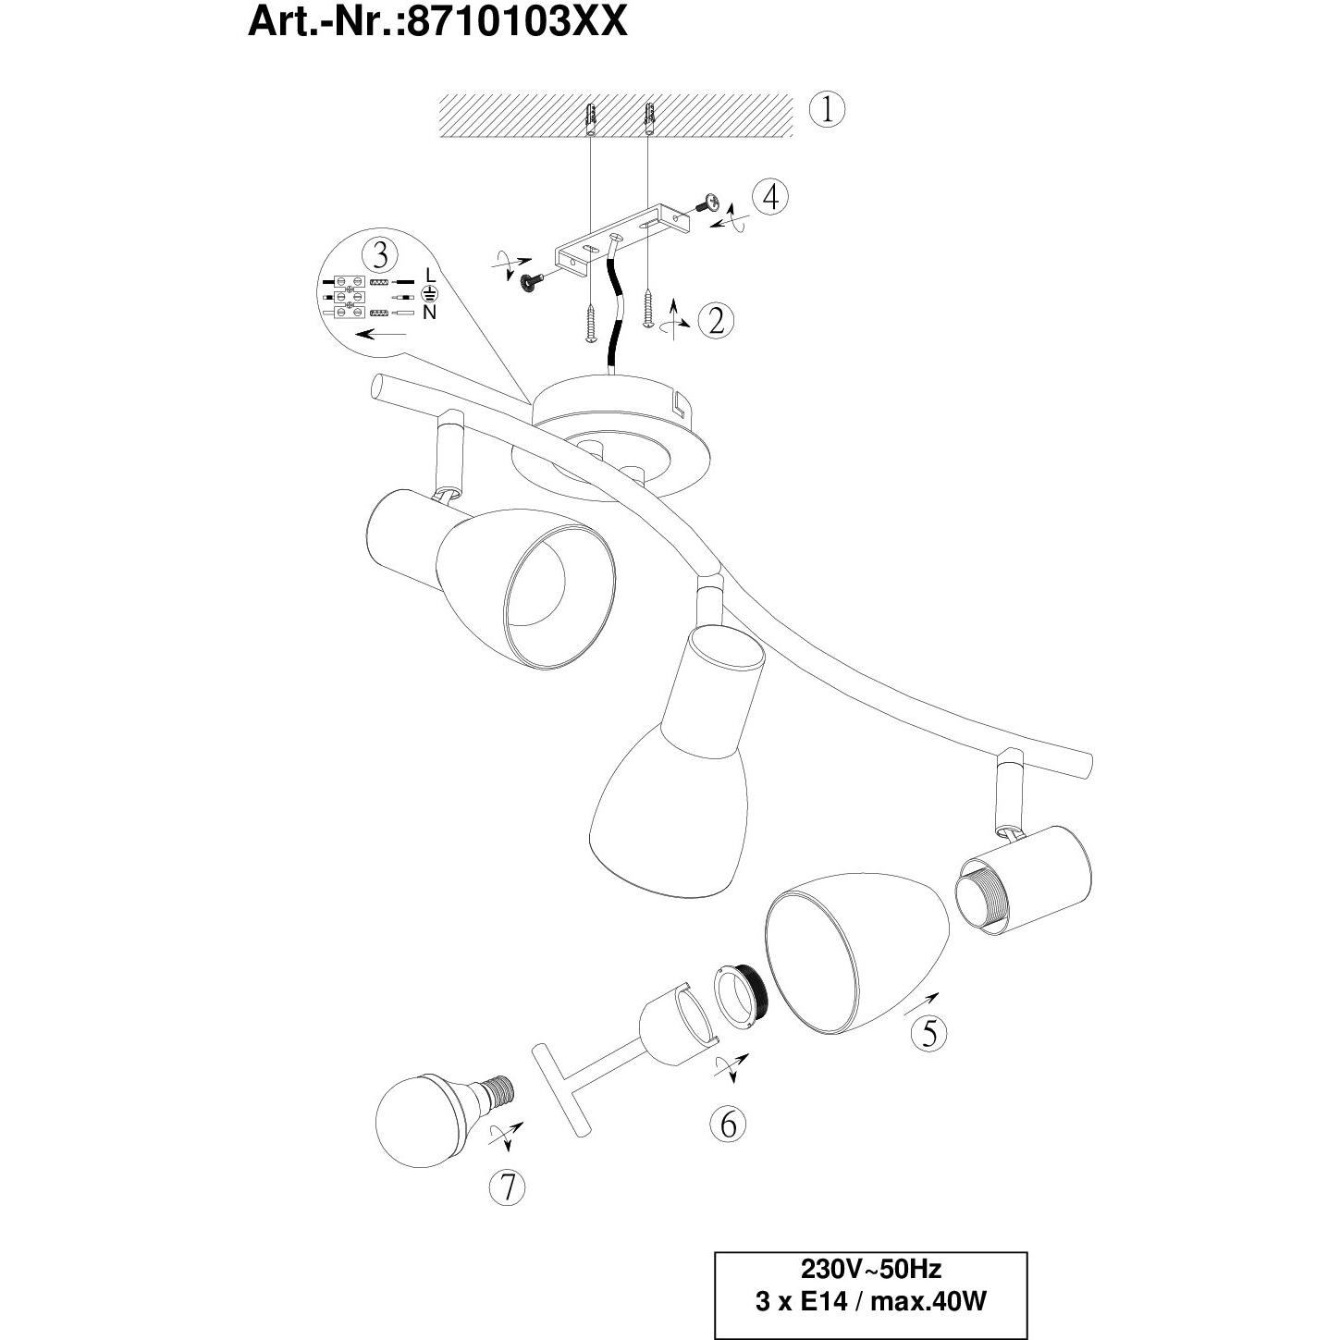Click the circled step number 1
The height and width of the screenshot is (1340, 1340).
pyautogui.click(x=827, y=110)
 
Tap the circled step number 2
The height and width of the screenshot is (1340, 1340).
pyautogui.click(x=716, y=321)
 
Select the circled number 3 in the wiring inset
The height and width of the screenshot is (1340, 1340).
pyautogui.click(x=380, y=255)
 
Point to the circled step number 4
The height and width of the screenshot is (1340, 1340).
pyautogui.click(x=769, y=198)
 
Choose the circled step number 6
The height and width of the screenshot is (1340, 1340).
pyautogui.click(x=728, y=1142)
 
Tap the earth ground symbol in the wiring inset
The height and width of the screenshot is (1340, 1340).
pyautogui.click(x=429, y=293)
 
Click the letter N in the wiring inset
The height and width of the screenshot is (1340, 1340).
pyautogui.click(x=430, y=313)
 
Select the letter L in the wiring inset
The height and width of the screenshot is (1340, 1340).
pyautogui.click(x=430, y=275)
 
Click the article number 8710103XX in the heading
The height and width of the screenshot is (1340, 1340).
pyautogui.click(x=517, y=21)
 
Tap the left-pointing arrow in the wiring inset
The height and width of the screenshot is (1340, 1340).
pyautogui.click(x=380, y=335)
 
